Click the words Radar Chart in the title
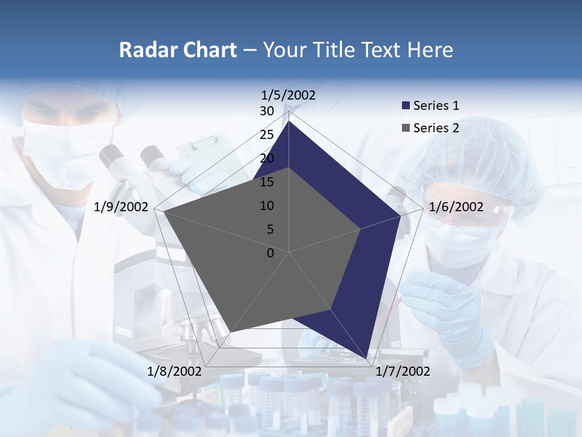178,50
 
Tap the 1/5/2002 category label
289,95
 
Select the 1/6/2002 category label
456,208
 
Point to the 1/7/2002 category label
403,371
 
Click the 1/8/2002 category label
175,371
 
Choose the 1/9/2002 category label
121,208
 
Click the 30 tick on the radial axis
267,111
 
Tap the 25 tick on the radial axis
267,135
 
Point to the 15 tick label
267,182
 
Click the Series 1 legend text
436,106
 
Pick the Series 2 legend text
436,128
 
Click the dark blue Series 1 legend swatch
406,106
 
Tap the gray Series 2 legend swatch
406,128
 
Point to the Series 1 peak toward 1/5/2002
289,121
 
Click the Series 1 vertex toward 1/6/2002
400,215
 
